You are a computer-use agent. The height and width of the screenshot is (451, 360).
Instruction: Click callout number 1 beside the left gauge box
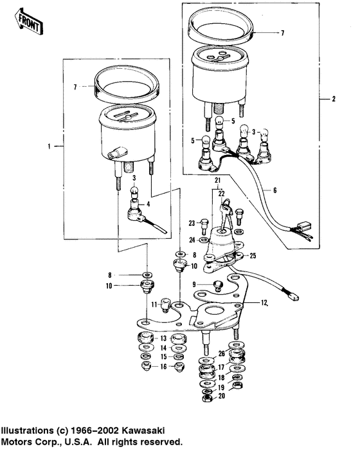[x=48, y=147]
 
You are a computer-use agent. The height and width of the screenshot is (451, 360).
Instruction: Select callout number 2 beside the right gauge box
[x=333, y=100]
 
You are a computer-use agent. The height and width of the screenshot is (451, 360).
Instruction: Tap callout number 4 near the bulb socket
[x=149, y=204]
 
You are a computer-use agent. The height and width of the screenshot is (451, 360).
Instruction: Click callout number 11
[x=154, y=304]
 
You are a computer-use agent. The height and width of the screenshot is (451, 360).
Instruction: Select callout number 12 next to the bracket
[x=264, y=302]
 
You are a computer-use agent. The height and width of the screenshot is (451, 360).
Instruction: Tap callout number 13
[x=163, y=338]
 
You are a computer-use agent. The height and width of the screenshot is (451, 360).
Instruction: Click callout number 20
[x=222, y=396]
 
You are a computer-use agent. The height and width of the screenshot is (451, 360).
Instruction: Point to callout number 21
[x=217, y=179]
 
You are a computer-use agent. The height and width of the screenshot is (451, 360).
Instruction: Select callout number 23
[x=191, y=223]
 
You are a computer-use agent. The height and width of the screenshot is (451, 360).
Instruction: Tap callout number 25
[x=253, y=255]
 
